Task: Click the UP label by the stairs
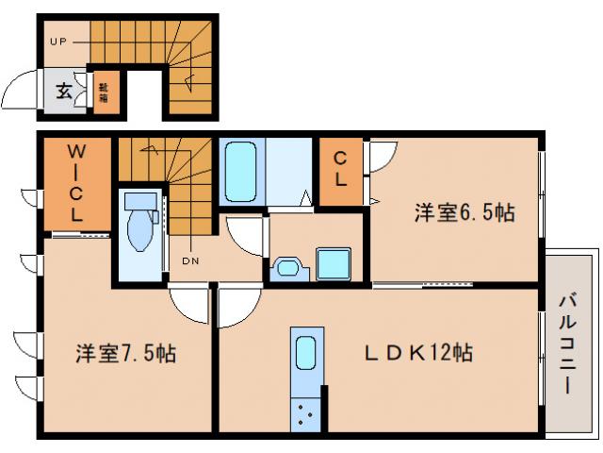57,42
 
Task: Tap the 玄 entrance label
63,92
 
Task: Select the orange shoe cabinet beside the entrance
105,92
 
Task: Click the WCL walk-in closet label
77,183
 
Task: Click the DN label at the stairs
188,261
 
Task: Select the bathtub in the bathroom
241,172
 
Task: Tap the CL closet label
342,170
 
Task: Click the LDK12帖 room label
419,353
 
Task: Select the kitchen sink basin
307,354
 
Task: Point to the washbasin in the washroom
286,269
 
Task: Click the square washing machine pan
334,262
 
